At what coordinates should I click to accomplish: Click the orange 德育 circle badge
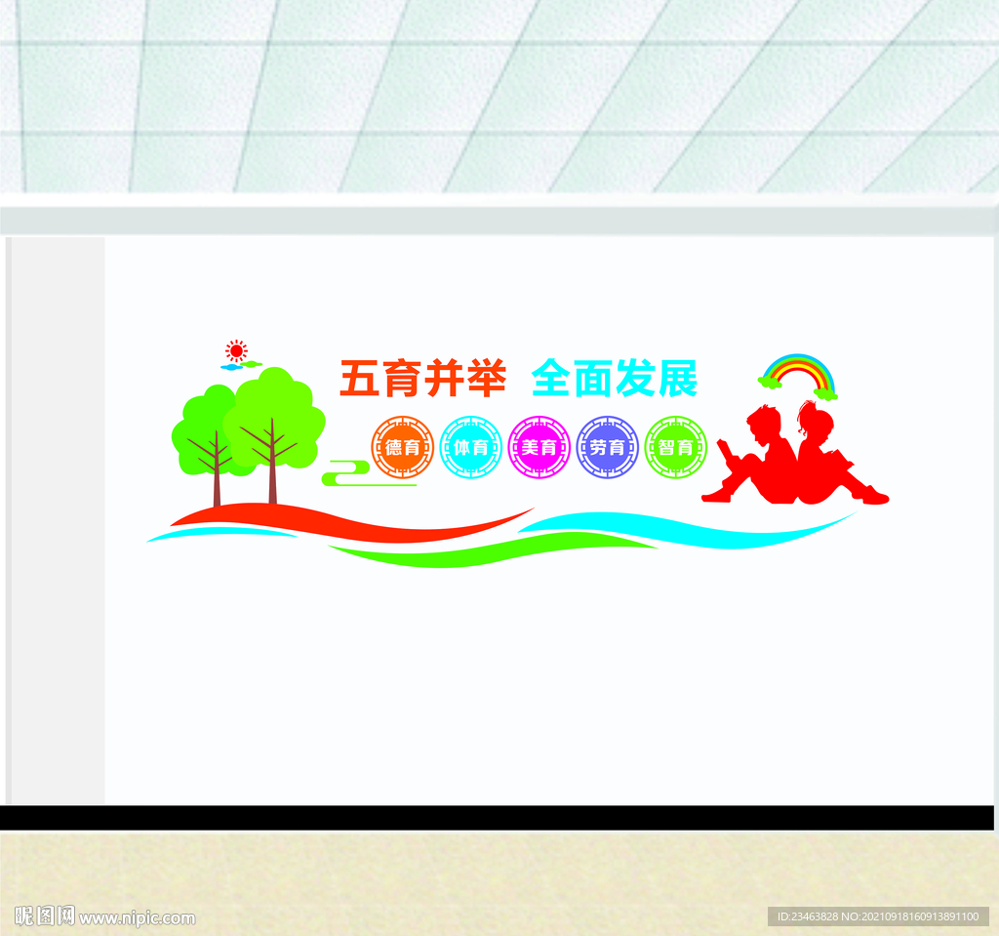coord(402,448)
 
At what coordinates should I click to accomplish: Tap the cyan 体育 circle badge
coord(470,448)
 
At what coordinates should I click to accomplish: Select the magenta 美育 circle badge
coord(539,448)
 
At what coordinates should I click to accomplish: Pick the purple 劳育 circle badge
coord(607,448)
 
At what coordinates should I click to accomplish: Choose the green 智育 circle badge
coord(675,448)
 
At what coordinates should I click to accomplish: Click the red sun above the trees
coord(235,350)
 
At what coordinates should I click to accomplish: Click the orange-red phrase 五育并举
coord(422,379)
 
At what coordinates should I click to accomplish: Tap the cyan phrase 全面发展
coord(615,379)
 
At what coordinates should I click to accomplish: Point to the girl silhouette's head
coord(814,422)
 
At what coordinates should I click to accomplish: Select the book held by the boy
coord(728,451)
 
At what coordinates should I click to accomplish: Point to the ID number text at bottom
coord(877,916)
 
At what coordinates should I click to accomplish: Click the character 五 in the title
coord(359,379)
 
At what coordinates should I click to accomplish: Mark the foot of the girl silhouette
coord(874,498)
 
